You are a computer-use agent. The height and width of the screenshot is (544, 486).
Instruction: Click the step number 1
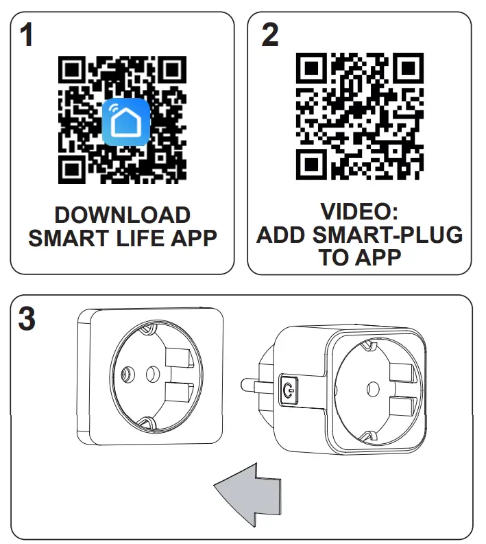click(26, 35)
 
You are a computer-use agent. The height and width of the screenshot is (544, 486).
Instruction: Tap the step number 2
click(271, 35)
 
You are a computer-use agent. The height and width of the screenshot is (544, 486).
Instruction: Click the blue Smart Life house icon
click(126, 121)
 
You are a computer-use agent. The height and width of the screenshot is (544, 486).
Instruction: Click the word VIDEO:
click(359, 211)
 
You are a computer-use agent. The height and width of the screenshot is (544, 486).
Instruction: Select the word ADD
click(280, 235)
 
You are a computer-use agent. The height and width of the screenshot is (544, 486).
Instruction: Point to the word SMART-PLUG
click(387, 235)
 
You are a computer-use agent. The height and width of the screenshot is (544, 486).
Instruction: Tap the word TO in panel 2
click(334, 257)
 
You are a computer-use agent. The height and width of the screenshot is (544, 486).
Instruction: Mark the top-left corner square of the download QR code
click(71, 70)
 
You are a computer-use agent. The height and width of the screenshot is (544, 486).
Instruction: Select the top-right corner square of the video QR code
click(409, 66)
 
